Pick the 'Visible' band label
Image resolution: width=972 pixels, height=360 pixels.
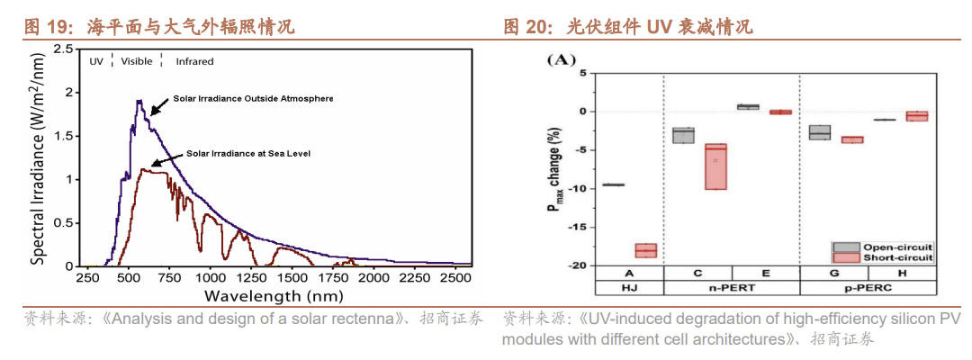coord(137,61)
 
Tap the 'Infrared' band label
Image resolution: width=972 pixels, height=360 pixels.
coord(194,61)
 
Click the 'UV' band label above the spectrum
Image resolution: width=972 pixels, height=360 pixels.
coord(96,61)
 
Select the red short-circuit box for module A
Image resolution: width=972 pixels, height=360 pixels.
coord(646,250)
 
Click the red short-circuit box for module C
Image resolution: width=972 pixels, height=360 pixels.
coord(715,166)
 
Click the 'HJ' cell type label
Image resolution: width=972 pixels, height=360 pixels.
coord(630,288)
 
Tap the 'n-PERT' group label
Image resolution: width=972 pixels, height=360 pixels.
coord(732,288)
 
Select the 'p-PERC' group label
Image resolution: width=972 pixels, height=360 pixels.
coord(869,288)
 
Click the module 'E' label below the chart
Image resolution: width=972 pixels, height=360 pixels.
coord(765,273)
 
